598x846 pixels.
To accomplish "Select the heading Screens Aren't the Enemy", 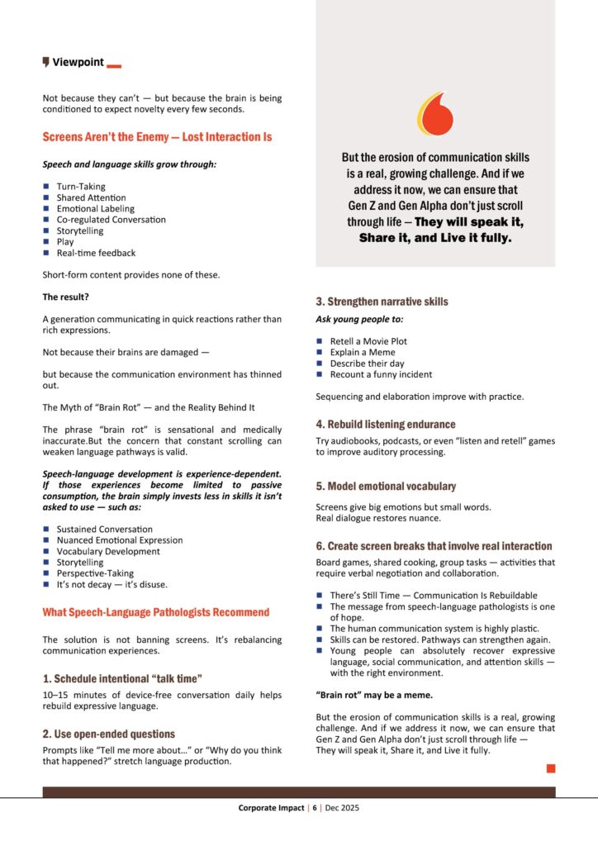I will (157, 136).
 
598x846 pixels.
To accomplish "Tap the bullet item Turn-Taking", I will (81, 187).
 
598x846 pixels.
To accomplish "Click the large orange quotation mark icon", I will (435, 115).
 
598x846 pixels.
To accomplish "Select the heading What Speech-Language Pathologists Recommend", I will (156, 612).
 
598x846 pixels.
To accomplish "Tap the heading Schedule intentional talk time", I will (122, 678).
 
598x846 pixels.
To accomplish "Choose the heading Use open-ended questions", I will (109, 734).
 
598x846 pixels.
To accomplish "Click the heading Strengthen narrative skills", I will (382, 302).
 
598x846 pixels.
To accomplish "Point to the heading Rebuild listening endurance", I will (385, 424).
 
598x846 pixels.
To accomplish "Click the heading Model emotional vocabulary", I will (385, 486).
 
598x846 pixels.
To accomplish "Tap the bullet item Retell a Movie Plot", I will (368, 341).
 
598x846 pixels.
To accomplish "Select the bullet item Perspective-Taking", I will (94, 573).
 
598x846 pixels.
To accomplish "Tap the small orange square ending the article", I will (551, 768).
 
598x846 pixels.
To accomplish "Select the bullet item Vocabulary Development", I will (108, 551).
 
